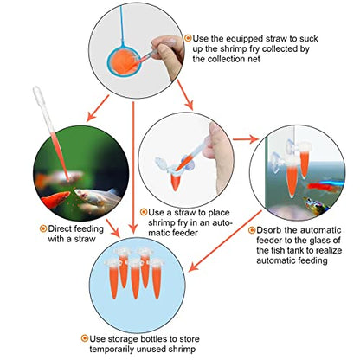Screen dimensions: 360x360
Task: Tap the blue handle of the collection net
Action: [x=122, y=26]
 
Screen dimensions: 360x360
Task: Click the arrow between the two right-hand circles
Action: [x=246, y=139]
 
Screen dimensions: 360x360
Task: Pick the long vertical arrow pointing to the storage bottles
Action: [x=133, y=167]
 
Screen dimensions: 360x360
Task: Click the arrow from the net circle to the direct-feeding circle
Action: [x=98, y=108]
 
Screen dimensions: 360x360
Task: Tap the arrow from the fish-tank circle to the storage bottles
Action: [x=225, y=241]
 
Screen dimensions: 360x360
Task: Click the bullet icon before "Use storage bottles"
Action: [x=85, y=338]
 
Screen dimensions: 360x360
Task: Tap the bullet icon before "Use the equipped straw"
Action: [x=188, y=38]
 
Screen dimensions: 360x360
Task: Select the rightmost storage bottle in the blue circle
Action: [x=156, y=278]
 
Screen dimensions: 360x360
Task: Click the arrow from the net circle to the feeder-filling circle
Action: [x=185, y=94]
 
